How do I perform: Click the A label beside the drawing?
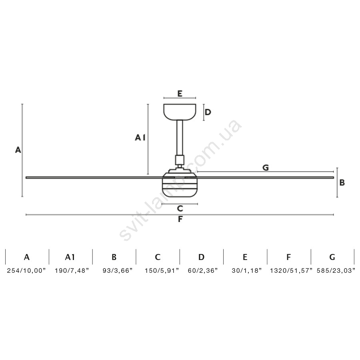18,150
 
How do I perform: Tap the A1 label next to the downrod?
140,138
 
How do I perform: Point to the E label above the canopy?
180,94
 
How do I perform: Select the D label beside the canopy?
208,112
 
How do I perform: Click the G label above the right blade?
266,168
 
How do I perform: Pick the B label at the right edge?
342,182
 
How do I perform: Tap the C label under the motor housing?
180,208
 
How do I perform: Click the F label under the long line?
180,219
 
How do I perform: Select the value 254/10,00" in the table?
26,271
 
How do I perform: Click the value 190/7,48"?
72,271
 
